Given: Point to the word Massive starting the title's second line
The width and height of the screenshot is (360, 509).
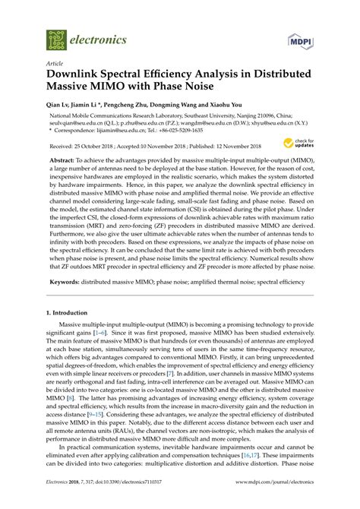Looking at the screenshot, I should pyautogui.click(x=74, y=91).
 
